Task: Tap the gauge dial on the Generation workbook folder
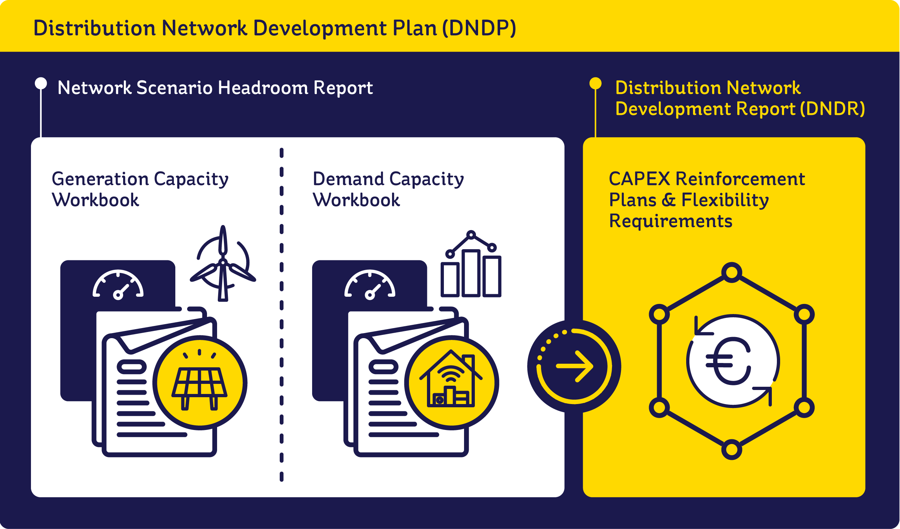(x=118, y=284)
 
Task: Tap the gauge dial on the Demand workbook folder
(x=370, y=284)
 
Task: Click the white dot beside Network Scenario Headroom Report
(x=41, y=83)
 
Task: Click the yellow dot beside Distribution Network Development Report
(x=595, y=83)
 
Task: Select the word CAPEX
(x=639, y=179)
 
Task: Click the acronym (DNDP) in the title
(x=479, y=28)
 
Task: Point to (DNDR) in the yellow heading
(x=832, y=109)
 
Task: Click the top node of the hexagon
(x=732, y=273)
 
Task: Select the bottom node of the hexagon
(x=732, y=449)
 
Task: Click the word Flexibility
(x=725, y=200)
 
